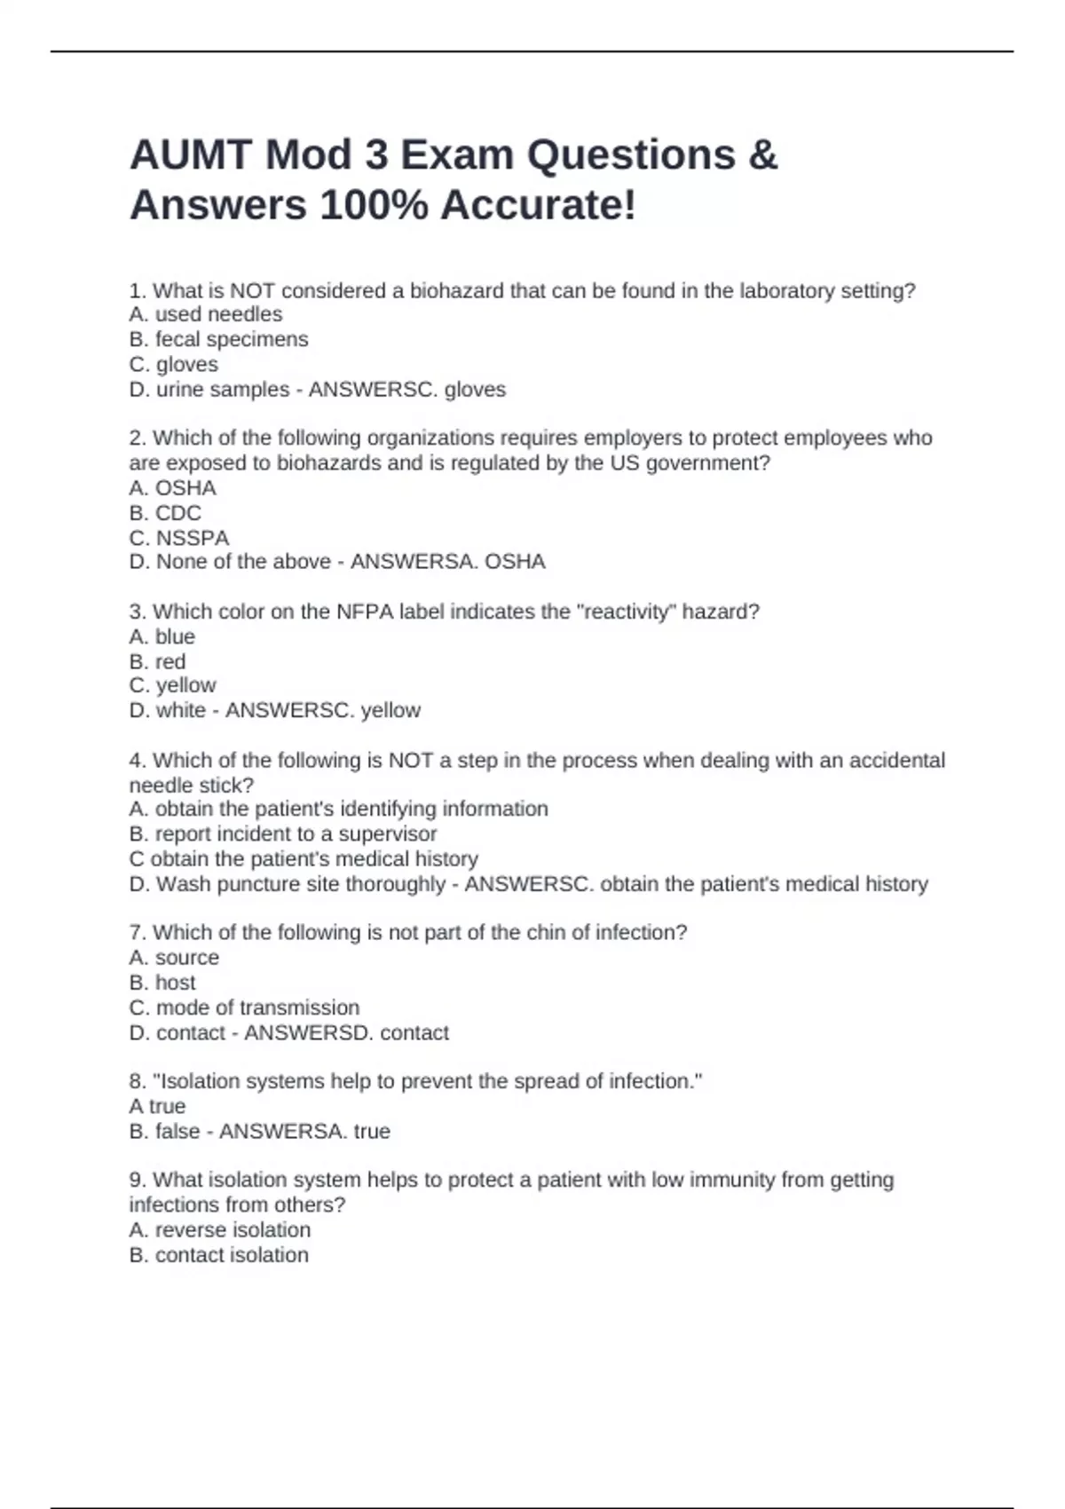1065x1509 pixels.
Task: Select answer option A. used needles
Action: [x=206, y=314]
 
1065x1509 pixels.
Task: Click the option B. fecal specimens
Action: [x=218, y=339]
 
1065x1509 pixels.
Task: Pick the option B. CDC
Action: [x=165, y=513]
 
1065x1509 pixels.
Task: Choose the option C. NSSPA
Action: [x=179, y=538]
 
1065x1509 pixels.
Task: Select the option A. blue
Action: [x=162, y=636]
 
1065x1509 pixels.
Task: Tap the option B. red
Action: [x=157, y=661]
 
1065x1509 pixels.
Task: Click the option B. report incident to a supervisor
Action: [x=283, y=834]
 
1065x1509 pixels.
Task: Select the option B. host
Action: [x=162, y=983]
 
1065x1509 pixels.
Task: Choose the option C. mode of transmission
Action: [x=244, y=1007]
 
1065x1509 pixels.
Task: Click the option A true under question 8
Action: [x=157, y=1106]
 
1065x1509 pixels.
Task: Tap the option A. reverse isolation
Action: [x=220, y=1230]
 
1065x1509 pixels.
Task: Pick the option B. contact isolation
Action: [x=219, y=1255]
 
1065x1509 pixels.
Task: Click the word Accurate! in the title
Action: [x=539, y=206]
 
